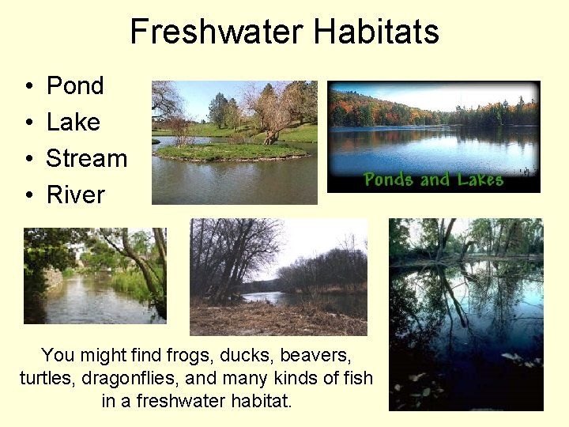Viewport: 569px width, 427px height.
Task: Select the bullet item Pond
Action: coord(75,85)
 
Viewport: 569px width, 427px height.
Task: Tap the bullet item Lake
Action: coord(73,122)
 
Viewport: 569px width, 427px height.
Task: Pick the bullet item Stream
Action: coord(87,158)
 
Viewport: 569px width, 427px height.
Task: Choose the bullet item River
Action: coord(76,195)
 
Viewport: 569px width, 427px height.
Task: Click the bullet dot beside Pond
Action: coord(28,86)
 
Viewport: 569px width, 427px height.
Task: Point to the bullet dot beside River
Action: coord(28,195)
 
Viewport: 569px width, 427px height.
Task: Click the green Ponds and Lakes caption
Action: coord(433,179)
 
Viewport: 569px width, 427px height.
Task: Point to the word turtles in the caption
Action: coord(45,378)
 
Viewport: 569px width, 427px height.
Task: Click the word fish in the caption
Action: coord(358,378)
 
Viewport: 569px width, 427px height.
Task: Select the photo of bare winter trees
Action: coord(278,277)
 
